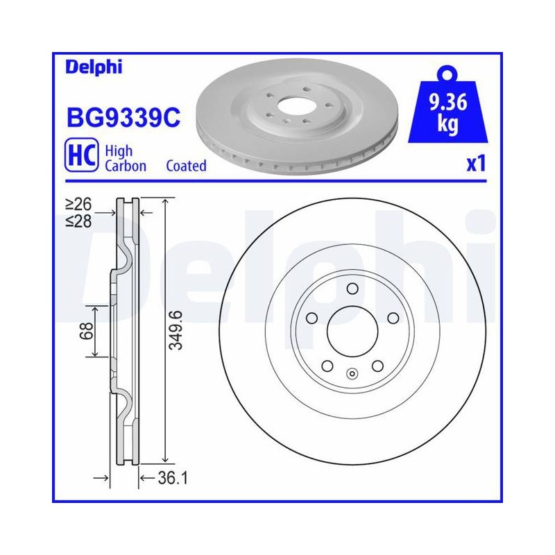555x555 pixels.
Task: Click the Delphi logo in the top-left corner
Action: [x=94, y=67]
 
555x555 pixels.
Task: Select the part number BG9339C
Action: [x=123, y=117]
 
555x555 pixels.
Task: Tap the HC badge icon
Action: [x=81, y=155]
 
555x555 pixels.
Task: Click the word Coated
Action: [x=186, y=166]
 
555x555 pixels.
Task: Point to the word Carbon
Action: [x=126, y=166]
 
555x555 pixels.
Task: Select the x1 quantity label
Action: [x=476, y=164]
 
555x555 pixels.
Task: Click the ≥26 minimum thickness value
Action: [x=78, y=204]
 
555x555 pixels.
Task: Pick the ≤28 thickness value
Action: [x=78, y=221]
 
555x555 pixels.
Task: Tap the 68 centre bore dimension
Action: [x=87, y=331]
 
